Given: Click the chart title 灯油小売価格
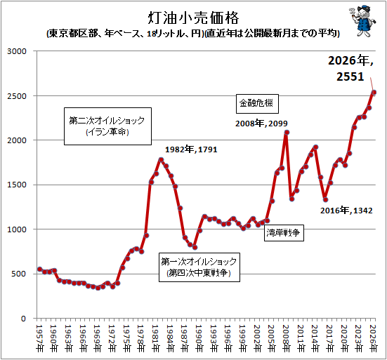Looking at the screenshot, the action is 193,18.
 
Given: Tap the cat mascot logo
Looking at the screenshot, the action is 362,21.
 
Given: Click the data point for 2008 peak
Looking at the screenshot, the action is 287,133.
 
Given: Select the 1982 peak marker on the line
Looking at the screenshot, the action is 161,160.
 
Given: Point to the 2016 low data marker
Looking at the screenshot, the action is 326,200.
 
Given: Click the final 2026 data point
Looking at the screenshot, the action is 374,93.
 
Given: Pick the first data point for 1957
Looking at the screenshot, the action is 40,269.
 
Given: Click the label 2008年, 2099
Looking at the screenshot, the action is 261,124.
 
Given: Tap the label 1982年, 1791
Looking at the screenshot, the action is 191,149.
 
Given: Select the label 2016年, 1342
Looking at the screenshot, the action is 346,211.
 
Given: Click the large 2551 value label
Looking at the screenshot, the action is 350,76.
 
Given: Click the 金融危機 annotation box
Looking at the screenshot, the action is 257,104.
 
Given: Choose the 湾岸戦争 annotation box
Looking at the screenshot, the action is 284,232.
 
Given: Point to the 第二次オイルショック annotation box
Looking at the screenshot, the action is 107,126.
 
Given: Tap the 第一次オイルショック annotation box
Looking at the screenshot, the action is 199,267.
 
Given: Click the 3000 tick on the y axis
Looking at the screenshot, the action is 17,51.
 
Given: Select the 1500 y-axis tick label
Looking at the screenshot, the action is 17,185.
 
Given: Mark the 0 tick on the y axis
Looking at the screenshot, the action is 23,319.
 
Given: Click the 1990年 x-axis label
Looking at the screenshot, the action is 199,338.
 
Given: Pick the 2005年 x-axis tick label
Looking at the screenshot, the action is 271,338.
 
